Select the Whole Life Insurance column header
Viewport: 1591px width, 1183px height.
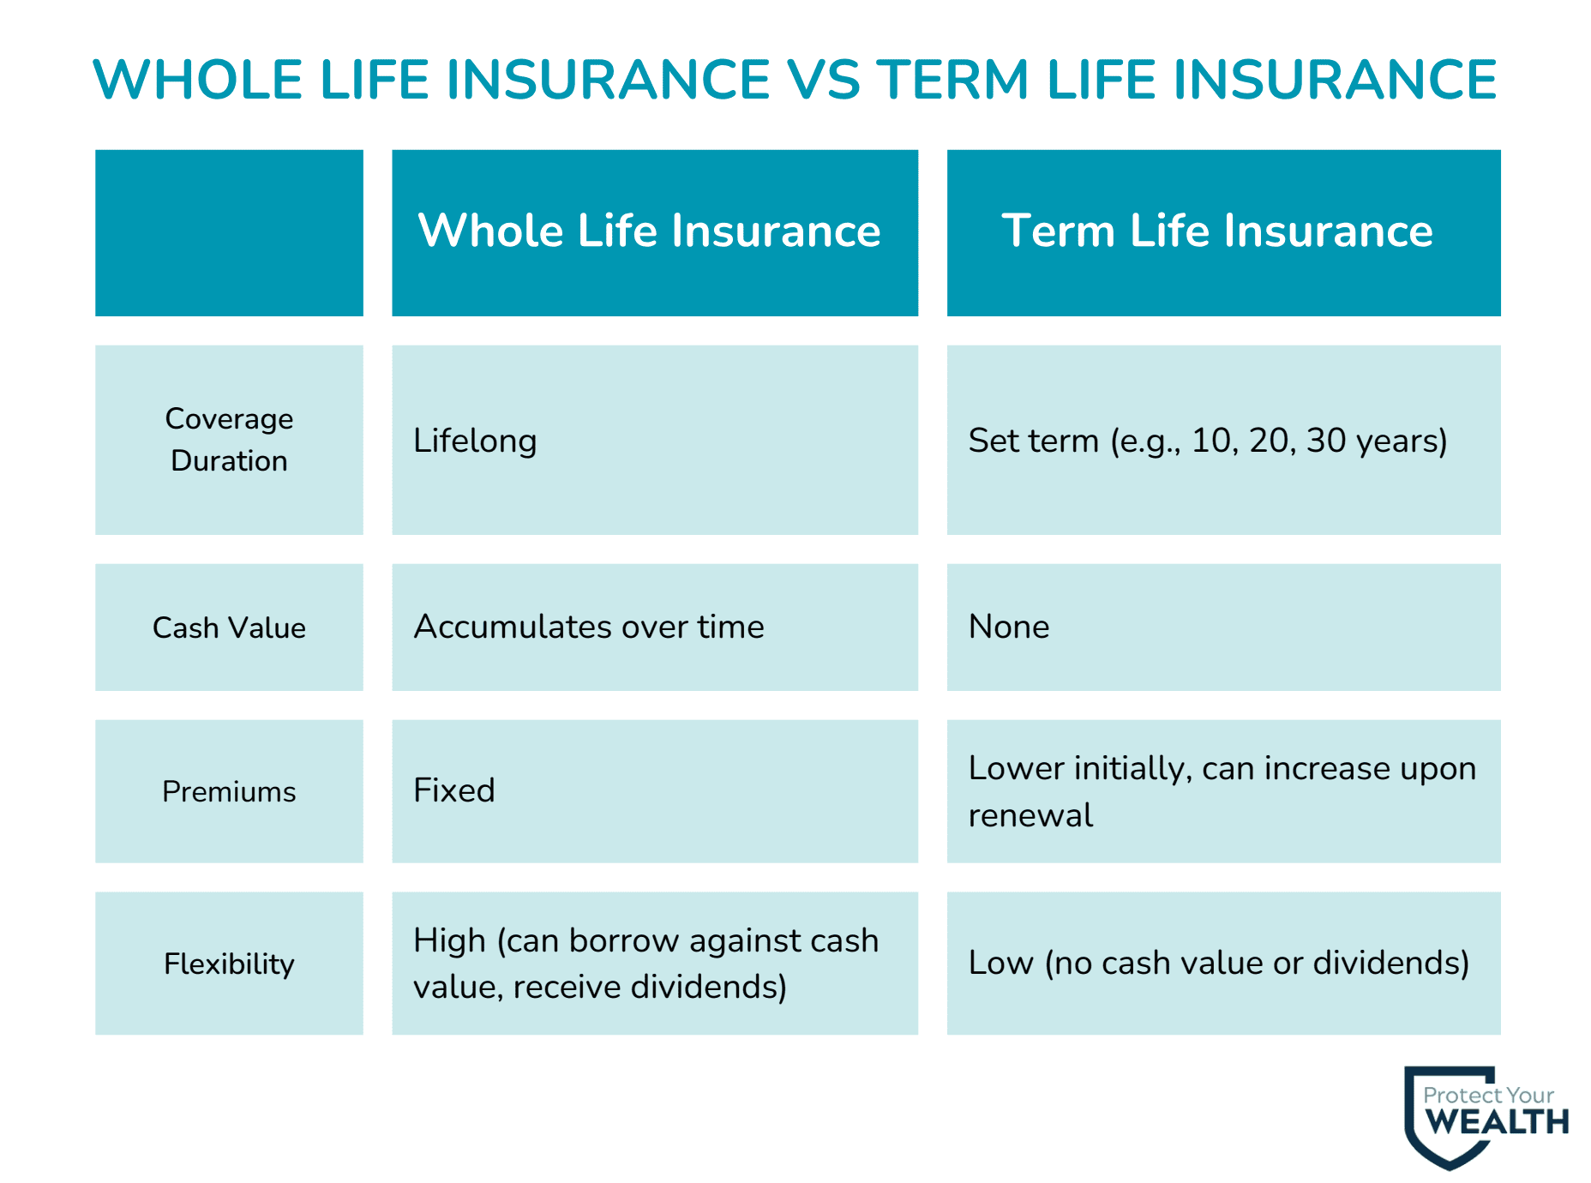(649, 231)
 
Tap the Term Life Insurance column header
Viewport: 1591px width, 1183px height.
(1216, 231)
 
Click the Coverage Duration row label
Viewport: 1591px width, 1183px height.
(229, 440)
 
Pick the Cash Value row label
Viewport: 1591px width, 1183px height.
(229, 628)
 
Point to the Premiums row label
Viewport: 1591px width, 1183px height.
(229, 791)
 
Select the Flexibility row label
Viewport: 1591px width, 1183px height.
(229, 964)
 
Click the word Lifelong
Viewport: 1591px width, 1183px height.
(475, 441)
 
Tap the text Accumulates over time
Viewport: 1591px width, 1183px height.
(589, 627)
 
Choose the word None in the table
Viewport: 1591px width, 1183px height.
(1009, 627)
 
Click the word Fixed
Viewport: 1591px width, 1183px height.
(454, 790)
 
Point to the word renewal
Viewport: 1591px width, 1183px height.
(1030, 815)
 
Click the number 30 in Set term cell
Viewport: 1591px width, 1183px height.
(1325, 441)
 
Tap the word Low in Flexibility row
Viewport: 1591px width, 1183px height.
(1000, 963)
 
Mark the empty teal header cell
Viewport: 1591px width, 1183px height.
(229, 232)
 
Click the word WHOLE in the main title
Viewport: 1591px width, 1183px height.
(198, 80)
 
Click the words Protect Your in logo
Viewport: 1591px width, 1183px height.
(1488, 1095)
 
